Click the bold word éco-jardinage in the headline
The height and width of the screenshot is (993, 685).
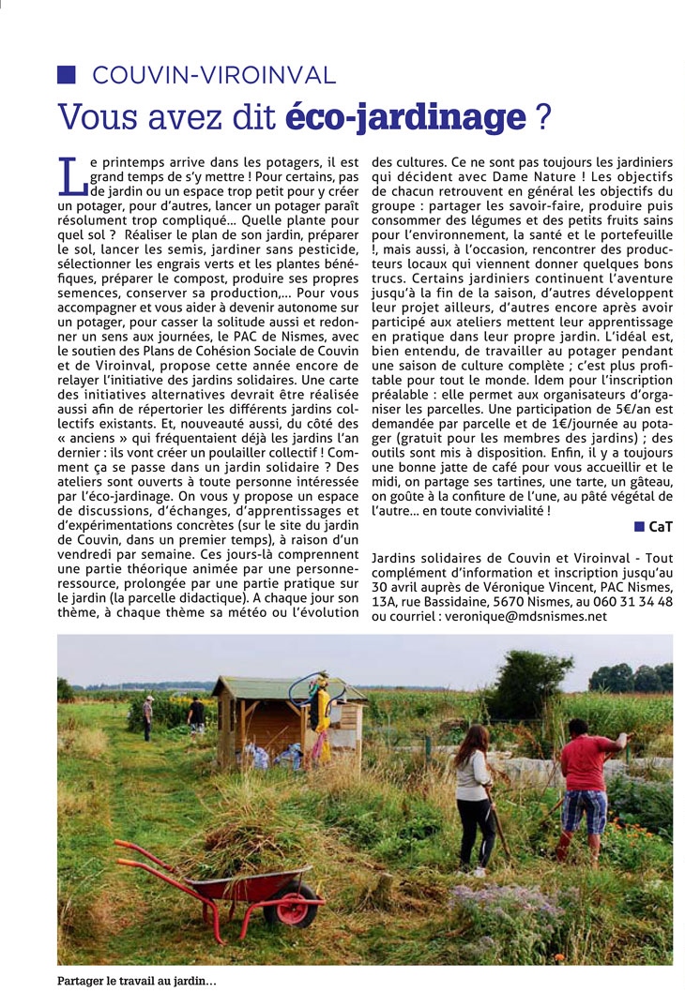[x=403, y=116]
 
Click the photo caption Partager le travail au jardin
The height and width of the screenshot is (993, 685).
[x=137, y=981]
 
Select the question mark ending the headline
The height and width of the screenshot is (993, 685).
[x=541, y=116]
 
